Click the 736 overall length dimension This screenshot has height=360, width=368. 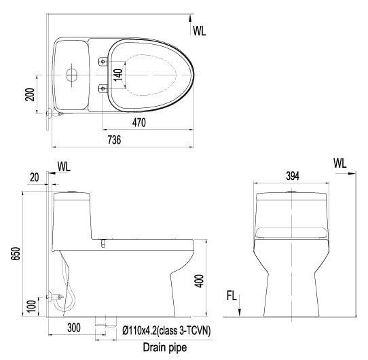pos(114,140)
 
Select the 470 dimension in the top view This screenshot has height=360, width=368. pos(139,122)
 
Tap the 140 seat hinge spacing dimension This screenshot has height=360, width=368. pos(119,75)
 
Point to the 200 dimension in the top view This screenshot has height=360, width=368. pos(30,94)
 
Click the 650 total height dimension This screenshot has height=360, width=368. pos(16,253)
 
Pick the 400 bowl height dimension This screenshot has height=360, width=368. pos(199,281)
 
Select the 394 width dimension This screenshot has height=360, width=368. pos(293,176)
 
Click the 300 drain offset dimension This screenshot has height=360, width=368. pos(74,328)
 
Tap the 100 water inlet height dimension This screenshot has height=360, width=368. pos(32,306)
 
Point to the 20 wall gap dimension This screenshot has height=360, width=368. pos(35,177)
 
